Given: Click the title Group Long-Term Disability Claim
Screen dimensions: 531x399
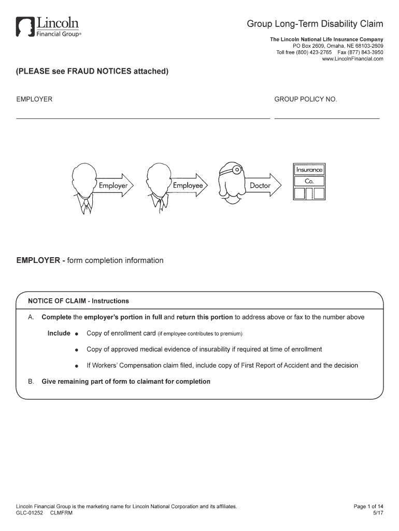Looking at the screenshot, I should pyautogui.click(x=315, y=24).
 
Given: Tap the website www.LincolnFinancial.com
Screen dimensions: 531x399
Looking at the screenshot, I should pyautogui.click(x=352, y=59).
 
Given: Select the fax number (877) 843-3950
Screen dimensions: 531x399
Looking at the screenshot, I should pyautogui.click(x=366, y=52).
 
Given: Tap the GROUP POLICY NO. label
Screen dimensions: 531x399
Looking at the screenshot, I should pyautogui.click(x=306, y=99).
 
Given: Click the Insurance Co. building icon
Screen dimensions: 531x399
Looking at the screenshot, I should pyautogui.click(x=309, y=181).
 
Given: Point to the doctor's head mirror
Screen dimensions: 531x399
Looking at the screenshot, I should pyautogui.click(x=236, y=169).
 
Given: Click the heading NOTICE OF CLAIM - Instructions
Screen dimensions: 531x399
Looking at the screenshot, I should pyautogui.click(x=78, y=301).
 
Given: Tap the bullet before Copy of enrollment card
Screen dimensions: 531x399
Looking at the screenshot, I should pyautogui.click(x=76, y=333).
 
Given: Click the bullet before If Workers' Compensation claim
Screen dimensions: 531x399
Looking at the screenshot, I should pyautogui.click(x=76, y=366).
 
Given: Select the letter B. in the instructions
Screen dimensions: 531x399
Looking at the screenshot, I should pyautogui.click(x=31, y=382).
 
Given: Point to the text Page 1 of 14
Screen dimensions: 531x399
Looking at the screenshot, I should pyautogui.click(x=368, y=506).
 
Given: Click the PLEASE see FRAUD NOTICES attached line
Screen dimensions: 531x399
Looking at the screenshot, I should pyautogui.click(x=93, y=72).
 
